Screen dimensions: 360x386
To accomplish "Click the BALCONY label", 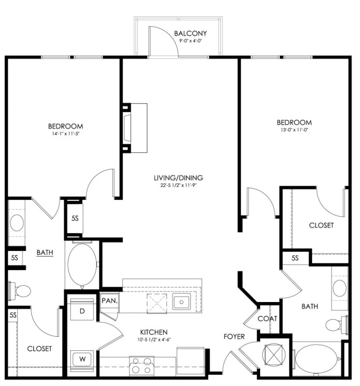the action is point(190,33).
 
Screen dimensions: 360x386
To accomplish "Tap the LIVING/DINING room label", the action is point(178,178).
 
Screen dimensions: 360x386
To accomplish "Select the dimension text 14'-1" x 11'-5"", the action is point(66,134).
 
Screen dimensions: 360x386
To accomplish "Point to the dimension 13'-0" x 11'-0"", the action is point(294,130).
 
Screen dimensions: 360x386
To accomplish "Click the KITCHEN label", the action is point(153,332).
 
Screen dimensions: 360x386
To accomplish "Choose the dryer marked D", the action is point(82,309).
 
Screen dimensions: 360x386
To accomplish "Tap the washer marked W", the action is point(82,360).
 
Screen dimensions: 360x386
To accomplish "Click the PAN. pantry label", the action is point(110,301).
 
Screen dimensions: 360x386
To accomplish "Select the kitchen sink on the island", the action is point(181,302).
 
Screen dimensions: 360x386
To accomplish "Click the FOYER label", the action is point(234,336).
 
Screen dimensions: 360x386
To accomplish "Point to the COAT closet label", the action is point(267,318).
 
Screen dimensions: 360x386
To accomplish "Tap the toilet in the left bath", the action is point(19,291).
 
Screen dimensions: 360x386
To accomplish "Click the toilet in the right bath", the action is point(337,325).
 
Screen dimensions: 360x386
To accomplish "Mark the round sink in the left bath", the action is point(17,223).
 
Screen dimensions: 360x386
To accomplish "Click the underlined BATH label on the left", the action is point(45,252).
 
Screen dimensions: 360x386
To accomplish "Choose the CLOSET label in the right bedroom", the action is point(321,225).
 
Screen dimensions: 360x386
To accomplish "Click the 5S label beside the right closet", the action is point(295,258).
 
